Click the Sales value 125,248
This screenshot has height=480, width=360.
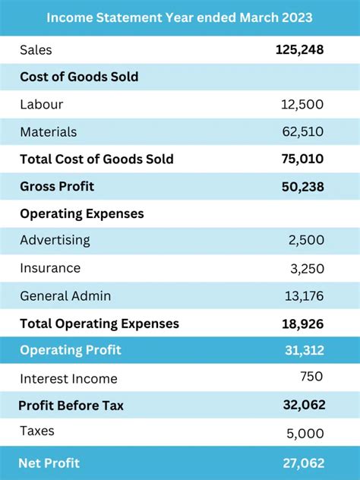pyautogui.click(x=299, y=50)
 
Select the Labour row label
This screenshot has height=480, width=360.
pyautogui.click(x=42, y=105)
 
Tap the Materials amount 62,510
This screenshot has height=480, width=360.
pyautogui.click(x=302, y=132)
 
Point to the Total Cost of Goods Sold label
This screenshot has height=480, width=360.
pyautogui.click(x=96, y=159)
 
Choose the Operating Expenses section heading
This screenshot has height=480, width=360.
pyautogui.click(x=82, y=214)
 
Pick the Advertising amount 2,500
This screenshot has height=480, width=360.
pyautogui.click(x=306, y=241)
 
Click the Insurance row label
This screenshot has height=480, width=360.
pyautogui.click(x=50, y=268)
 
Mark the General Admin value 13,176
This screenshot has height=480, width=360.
pyautogui.click(x=302, y=296)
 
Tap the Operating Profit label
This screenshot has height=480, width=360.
pyautogui.click(x=71, y=351)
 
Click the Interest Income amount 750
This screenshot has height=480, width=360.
pyautogui.click(x=311, y=377)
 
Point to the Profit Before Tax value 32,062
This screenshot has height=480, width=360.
pyautogui.click(x=304, y=406)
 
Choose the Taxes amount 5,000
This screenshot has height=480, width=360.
pyautogui.click(x=306, y=434)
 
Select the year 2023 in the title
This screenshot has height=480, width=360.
pyautogui.click(x=296, y=17)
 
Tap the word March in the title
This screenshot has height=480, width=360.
pyautogui.click(x=256, y=17)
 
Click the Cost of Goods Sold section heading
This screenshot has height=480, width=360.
pyautogui.click(x=79, y=77)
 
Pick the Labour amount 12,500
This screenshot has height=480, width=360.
pyautogui.click(x=302, y=105)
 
